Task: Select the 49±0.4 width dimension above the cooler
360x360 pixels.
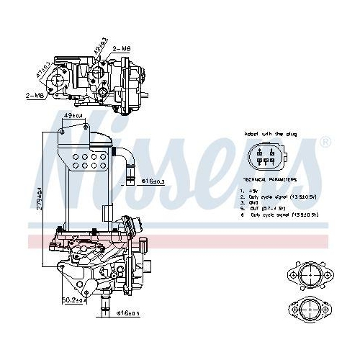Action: click(x=74, y=115)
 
